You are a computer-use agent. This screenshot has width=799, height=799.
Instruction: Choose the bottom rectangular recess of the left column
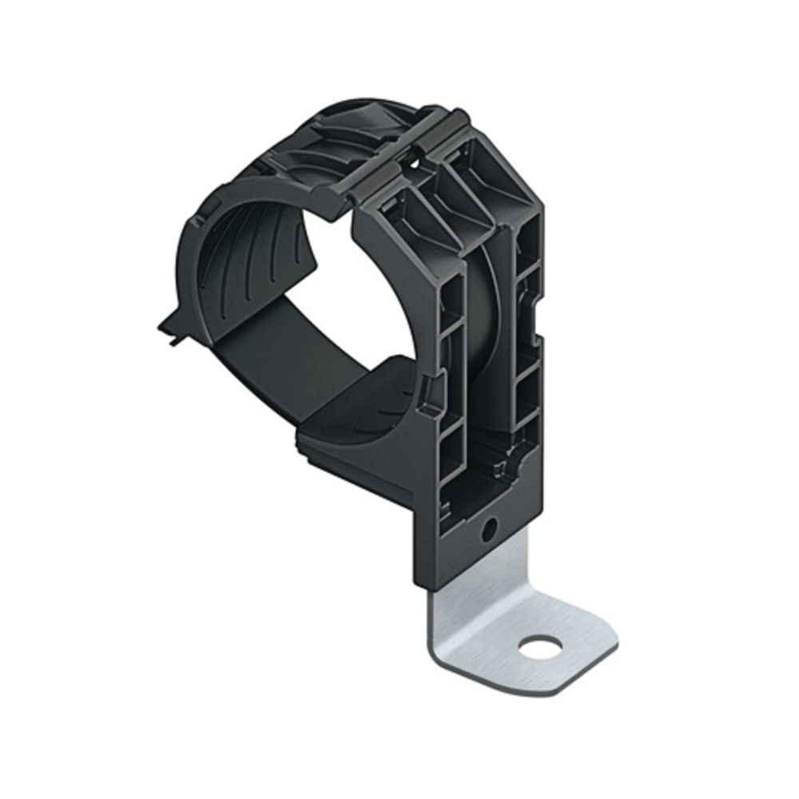click(452, 451)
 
